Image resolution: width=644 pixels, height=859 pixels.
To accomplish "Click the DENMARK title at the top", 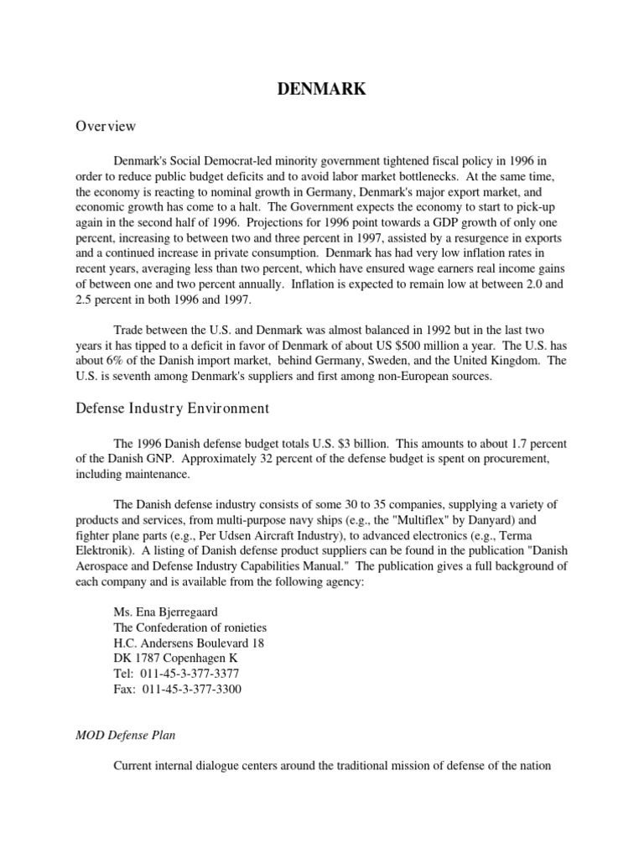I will [322, 90].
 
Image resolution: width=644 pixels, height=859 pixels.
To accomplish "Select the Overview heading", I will [106, 127].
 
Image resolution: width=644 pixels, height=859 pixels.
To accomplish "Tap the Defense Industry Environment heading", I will [173, 409].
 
